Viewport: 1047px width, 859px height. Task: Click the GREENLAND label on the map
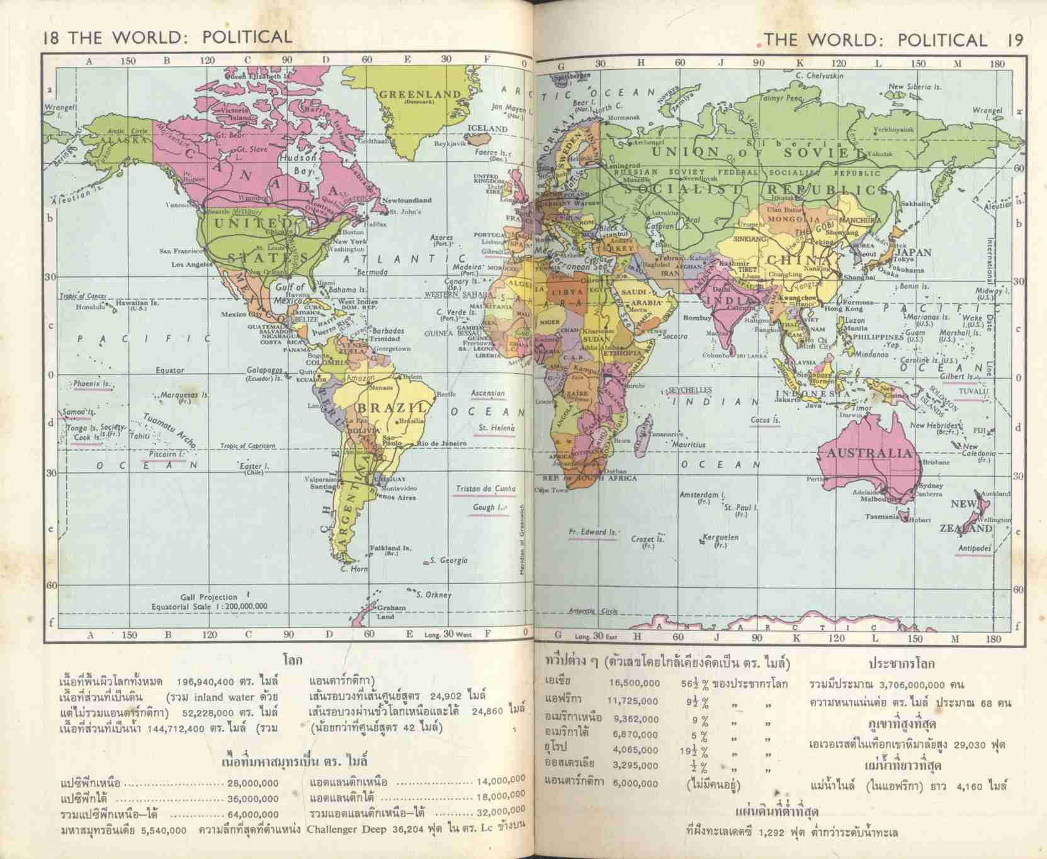tap(420, 94)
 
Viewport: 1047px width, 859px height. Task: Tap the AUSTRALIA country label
tap(869, 453)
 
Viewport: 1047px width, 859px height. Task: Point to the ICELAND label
tap(487, 128)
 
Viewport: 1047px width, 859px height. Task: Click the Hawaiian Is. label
tap(137, 303)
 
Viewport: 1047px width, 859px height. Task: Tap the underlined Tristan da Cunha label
tap(485, 488)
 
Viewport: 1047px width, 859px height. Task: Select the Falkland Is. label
tap(390, 547)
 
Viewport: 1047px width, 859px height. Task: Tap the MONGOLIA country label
tap(795, 220)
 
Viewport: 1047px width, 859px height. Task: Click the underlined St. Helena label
tap(496, 428)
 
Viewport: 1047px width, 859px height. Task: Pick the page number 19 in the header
tap(1014, 40)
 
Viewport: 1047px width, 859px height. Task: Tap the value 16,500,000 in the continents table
tap(634, 683)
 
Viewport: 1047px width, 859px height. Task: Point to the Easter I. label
tap(254, 466)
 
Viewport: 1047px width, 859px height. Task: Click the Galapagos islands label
tap(264, 371)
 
